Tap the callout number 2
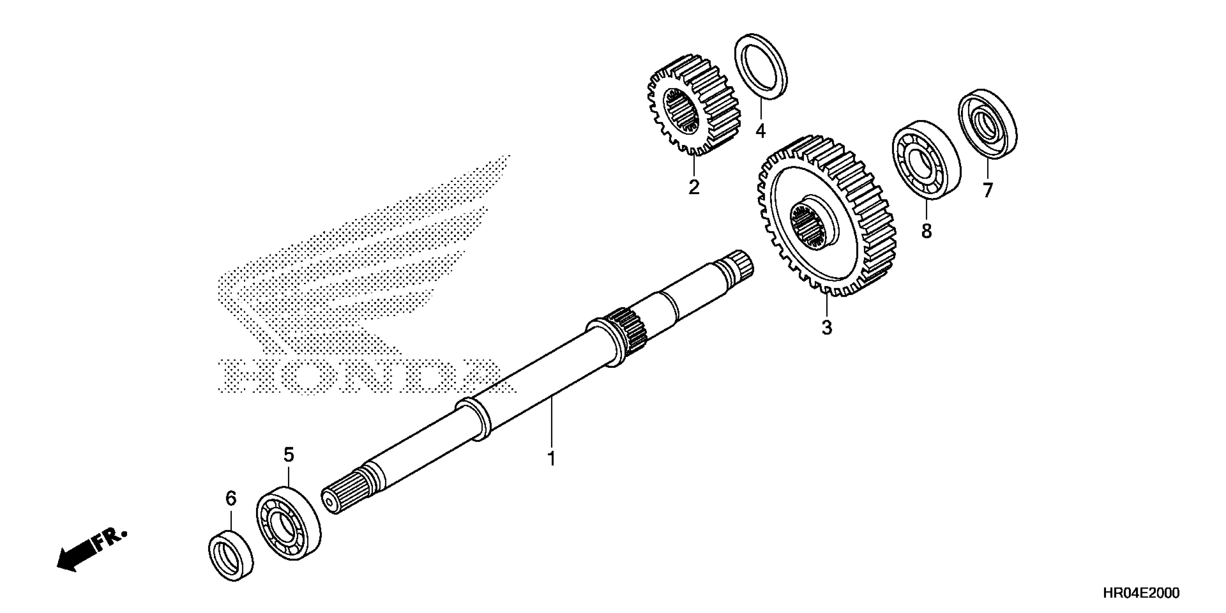694,187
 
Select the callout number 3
827,327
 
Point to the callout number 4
760,131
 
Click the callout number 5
289,455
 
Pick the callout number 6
231,498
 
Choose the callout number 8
926,231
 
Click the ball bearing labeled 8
926,159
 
